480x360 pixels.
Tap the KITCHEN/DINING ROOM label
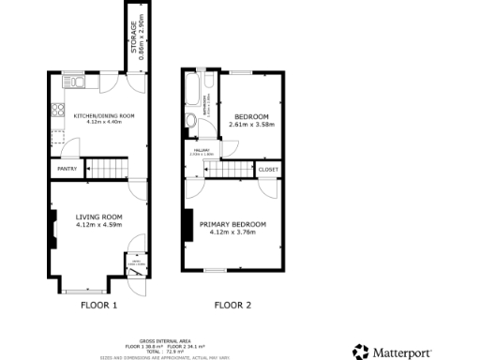(x=104, y=115)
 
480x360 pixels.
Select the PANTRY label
(x=67, y=169)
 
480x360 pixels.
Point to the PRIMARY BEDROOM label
(x=232, y=224)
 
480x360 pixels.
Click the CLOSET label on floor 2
(x=268, y=170)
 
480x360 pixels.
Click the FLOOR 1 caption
(x=98, y=305)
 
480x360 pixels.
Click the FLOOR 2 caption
(x=232, y=305)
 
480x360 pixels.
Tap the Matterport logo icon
(x=361, y=351)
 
